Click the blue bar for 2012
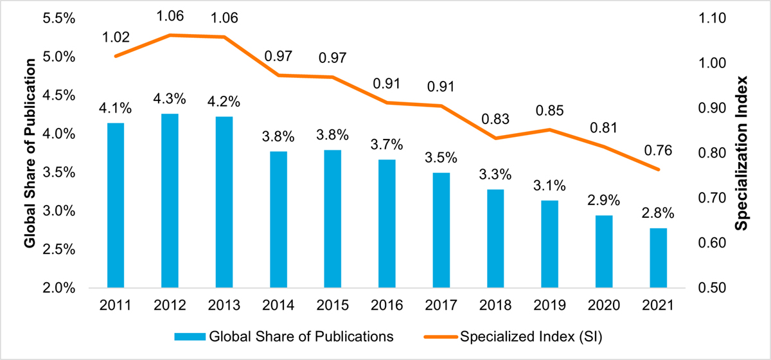170,201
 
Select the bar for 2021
658,258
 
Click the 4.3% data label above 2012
170,100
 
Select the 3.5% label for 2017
441,158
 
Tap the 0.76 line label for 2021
658,152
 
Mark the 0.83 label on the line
495,119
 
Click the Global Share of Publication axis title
30,153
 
